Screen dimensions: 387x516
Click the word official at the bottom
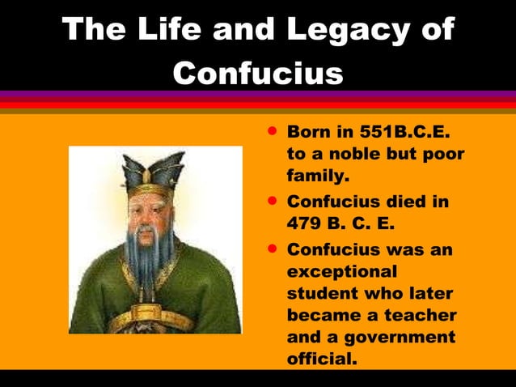coord(322,358)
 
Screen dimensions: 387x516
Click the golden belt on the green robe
coord(154,317)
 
